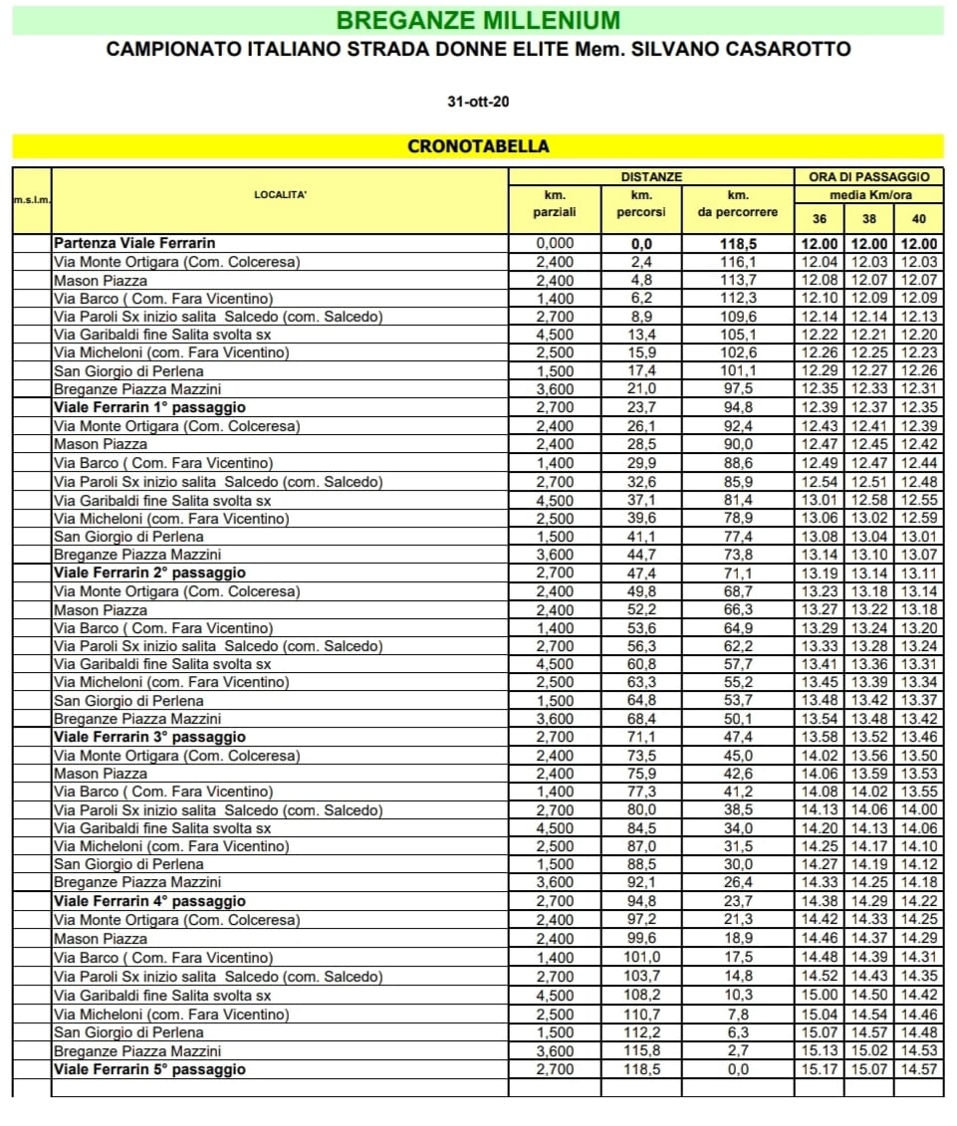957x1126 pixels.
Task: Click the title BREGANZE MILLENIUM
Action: pyautogui.click(x=478, y=20)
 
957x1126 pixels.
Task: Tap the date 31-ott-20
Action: pyautogui.click(x=478, y=103)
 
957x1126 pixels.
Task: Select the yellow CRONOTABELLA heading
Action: pyautogui.click(x=478, y=146)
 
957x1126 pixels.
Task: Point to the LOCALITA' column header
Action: pyautogui.click(x=280, y=195)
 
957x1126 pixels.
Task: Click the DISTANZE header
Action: pyautogui.click(x=651, y=176)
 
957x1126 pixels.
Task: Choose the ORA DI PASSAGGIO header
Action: pyautogui.click(x=868, y=176)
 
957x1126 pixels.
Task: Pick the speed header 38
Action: pyautogui.click(x=868, y=219)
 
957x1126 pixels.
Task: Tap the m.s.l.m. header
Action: pyautogui.click(x=31, y=201)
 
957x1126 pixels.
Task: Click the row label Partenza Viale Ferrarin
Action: pyautogui.click(x=134, y=243)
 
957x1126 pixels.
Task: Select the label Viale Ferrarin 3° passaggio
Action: pyautogui.click(x=149, y=737)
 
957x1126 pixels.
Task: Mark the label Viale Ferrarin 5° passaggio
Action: pyautogui.click(x=149, y=1069)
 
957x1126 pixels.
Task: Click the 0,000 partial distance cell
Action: pyautogui.click(x=556, y=243)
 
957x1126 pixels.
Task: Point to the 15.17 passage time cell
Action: pyautogui.click(x=820, y=1069)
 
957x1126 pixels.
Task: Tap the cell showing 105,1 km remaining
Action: pyautogui.click(x=738, y=335)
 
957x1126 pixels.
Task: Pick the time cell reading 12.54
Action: pyautogui.click(x=820, y=482)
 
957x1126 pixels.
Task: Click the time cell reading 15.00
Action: pyautogui.click(x=820, y=995)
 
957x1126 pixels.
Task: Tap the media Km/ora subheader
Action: pyautogui.click(x=868, y=195)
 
